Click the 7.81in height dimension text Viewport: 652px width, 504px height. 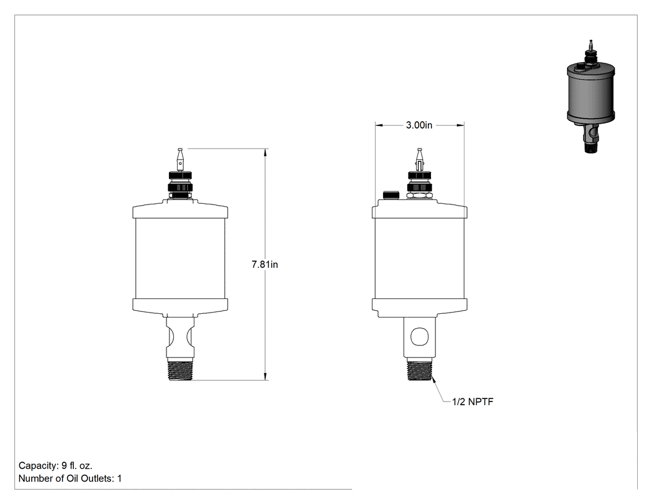click(265, 264)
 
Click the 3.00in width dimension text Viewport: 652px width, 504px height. click(419, 125)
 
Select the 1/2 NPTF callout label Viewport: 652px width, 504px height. click(473, 401)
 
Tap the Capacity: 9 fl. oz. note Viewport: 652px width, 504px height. click(55, 465)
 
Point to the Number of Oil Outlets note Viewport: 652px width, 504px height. click(70, 478)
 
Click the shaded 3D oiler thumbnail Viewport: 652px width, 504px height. click(591, 96)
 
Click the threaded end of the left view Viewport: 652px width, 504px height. click(181, 370)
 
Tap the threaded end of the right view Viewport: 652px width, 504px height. click(420, 370)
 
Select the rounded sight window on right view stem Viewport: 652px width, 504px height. click(419, 336)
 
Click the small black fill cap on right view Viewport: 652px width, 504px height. click(391, 195)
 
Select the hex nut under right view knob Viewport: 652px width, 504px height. click(420, 195)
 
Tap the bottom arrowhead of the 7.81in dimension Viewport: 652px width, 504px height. click(265, 376)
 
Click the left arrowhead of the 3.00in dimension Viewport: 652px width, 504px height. click(379, 125)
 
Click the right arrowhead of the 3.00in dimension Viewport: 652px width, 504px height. click(460, 125)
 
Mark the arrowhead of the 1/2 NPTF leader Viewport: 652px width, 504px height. click(434, 378)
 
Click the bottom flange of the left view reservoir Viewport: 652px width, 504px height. click(180, 305)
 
